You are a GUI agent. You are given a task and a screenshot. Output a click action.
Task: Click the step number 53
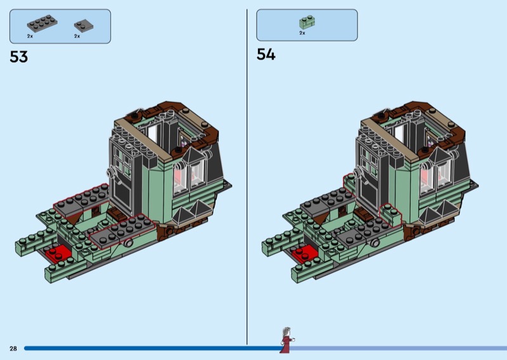coord(19,57)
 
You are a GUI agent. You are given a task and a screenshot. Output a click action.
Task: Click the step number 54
coord(266,55)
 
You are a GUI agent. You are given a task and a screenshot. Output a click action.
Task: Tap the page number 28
coord(13,349)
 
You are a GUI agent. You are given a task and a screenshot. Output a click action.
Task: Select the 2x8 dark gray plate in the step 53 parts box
coord(42,23)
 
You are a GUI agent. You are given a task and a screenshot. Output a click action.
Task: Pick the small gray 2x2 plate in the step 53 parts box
coord(84,25)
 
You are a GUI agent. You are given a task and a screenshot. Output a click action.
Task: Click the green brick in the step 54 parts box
coord(307,22)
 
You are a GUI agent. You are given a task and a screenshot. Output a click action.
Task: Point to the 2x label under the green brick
coord(302,33)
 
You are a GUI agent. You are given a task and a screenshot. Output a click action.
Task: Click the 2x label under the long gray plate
coord(30,36)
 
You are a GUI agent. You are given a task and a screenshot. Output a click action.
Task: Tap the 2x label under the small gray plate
coord(77,36)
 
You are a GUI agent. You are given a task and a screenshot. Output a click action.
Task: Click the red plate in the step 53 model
coord(58,254)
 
